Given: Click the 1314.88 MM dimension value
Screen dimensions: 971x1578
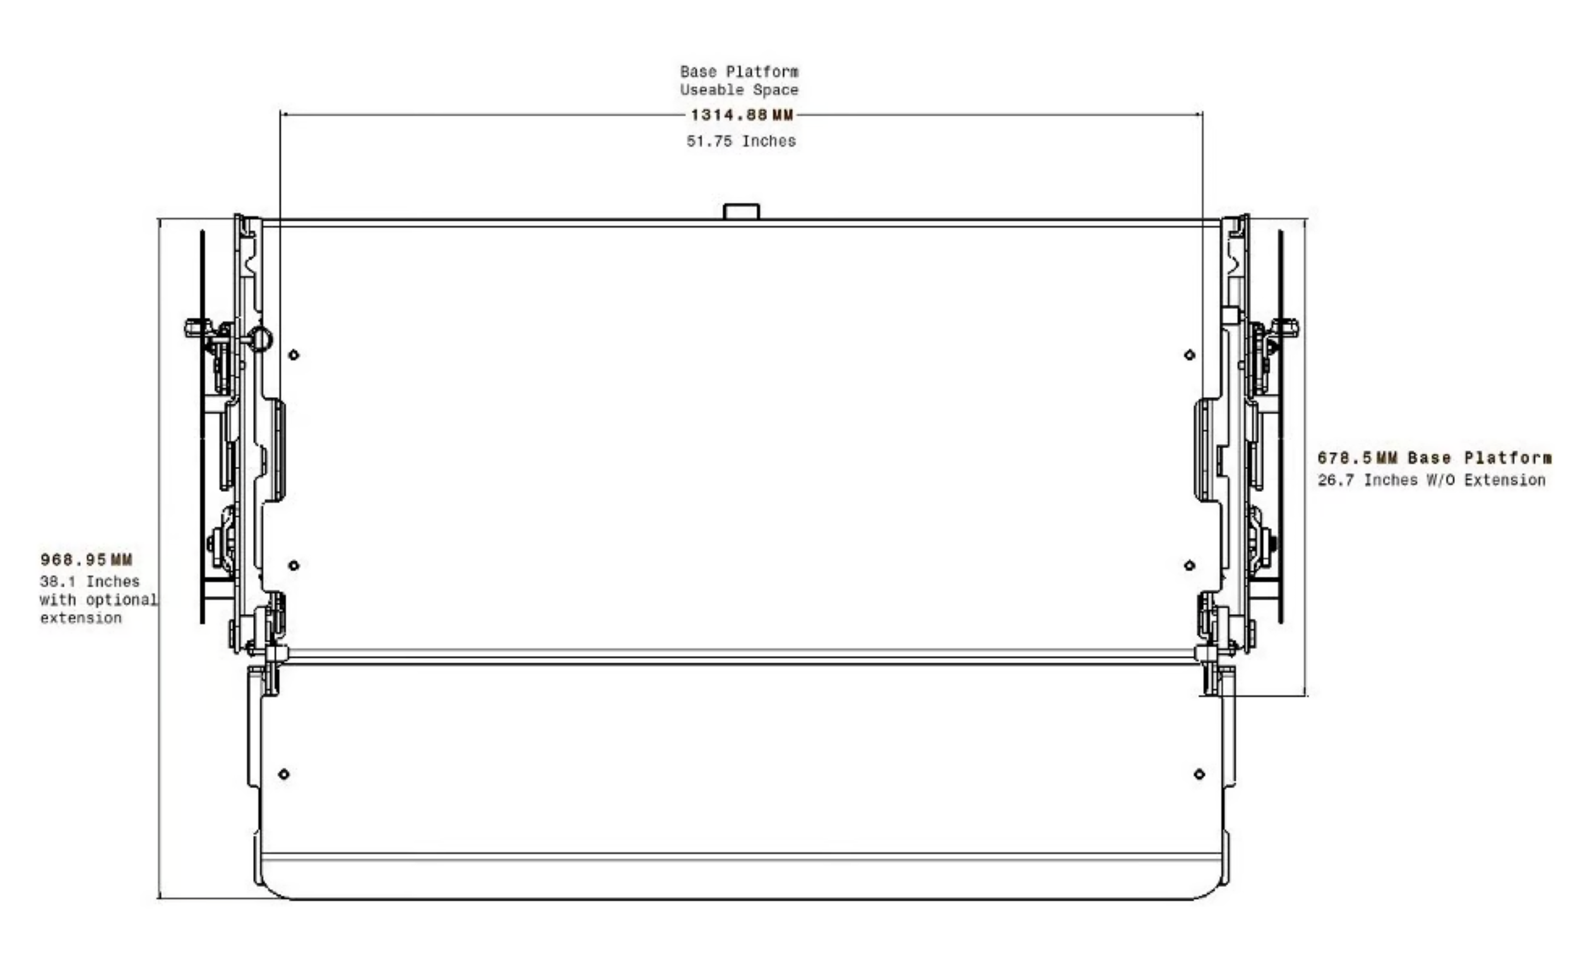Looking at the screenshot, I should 742,116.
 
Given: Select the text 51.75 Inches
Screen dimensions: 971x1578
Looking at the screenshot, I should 741,141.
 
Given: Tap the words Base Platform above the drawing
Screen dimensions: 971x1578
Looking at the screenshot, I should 739,71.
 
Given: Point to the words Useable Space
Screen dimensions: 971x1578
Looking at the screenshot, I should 739,90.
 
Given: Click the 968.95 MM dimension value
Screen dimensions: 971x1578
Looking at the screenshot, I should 86,560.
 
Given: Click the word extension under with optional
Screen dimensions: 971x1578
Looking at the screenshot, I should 81,619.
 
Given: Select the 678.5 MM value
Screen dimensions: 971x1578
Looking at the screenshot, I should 1357,458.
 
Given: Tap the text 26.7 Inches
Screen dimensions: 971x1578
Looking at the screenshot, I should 1367,480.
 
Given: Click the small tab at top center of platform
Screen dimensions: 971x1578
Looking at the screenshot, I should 741,212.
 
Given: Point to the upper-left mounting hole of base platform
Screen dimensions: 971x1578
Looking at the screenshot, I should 294,355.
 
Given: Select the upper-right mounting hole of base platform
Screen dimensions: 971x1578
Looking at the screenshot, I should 1190,355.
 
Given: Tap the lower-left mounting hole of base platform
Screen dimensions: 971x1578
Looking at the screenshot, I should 294,566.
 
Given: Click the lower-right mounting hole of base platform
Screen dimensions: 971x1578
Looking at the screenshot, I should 1190,566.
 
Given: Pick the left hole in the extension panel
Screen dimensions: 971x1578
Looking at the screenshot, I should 284,775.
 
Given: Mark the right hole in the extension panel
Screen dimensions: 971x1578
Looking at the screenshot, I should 1199,775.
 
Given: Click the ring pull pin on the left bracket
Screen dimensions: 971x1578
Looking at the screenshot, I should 260,338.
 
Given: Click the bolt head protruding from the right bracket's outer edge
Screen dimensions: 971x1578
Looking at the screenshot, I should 1288,328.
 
